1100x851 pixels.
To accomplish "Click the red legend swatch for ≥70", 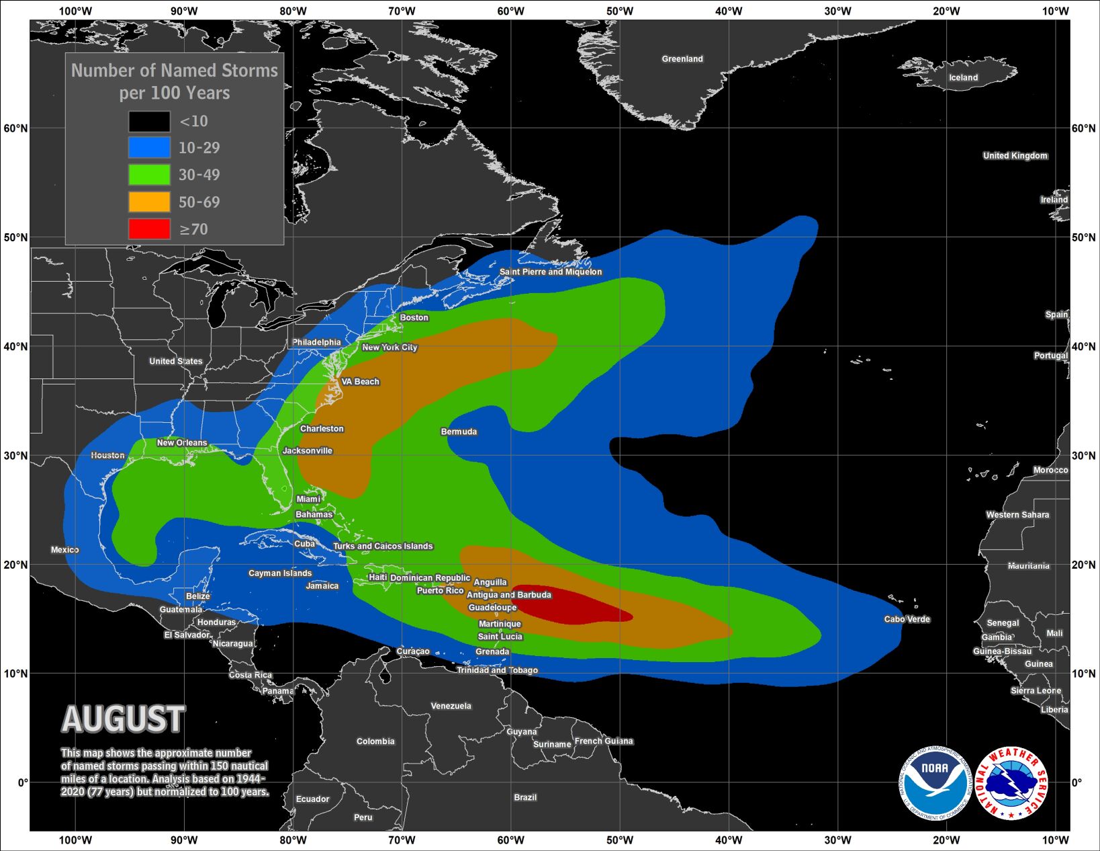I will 149,229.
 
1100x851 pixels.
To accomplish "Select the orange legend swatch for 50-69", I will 149,202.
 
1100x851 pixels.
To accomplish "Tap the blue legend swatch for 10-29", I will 149,147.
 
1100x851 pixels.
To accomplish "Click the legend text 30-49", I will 199,175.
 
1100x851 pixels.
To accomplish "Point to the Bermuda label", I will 459,432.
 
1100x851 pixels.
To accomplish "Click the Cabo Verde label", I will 907,619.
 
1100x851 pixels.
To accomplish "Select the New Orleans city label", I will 182,442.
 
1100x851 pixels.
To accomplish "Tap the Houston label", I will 107,455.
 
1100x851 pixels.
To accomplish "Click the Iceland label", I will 963,77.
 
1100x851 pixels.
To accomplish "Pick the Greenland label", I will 682,59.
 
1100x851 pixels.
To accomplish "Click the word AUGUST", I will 123,719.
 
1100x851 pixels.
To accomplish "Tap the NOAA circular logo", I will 935,783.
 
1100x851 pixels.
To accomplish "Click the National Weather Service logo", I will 1011,783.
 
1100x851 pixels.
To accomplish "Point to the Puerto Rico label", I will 440,590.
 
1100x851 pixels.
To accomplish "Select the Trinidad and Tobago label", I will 497,670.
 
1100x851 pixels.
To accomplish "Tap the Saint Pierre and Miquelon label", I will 551,272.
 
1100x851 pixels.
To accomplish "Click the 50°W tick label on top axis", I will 619,11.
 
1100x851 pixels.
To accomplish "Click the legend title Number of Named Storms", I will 175,71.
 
